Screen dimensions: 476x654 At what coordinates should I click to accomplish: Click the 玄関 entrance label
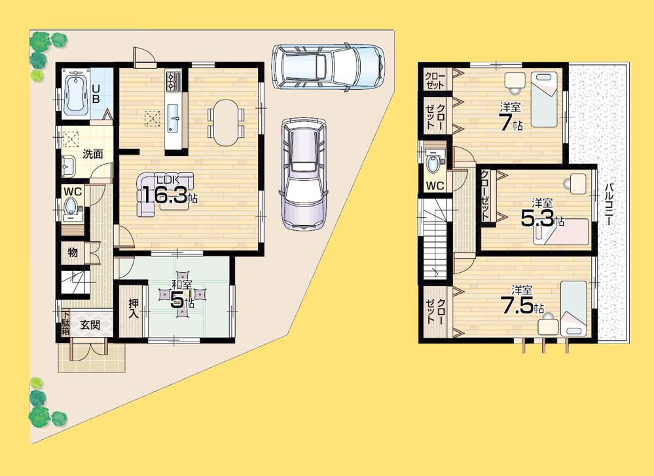point(90,325)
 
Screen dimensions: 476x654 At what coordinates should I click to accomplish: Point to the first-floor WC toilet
point(72,209)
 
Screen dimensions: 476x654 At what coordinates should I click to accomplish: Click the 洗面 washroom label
point(92,154)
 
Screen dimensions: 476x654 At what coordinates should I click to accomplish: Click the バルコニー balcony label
point(609,203)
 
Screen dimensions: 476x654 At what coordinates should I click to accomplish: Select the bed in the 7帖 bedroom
point(545,98)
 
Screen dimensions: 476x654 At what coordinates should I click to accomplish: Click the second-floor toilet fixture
point(433,160)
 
